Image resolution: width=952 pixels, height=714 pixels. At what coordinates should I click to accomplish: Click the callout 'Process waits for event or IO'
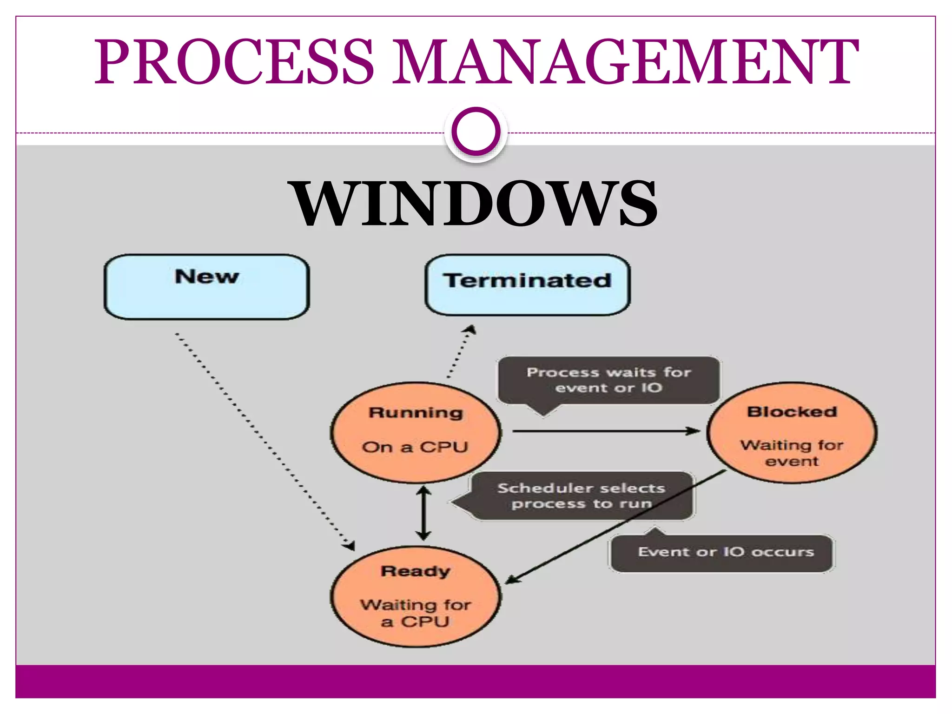pos(608,380)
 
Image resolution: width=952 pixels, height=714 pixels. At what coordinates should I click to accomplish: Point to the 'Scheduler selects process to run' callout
pos(581,496)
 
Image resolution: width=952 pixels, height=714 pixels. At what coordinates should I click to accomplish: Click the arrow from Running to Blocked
pos(604,431)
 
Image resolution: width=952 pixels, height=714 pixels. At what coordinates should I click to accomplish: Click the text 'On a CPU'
pos(415,447)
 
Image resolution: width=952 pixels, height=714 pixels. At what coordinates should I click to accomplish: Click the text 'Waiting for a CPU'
pos(416,613)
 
